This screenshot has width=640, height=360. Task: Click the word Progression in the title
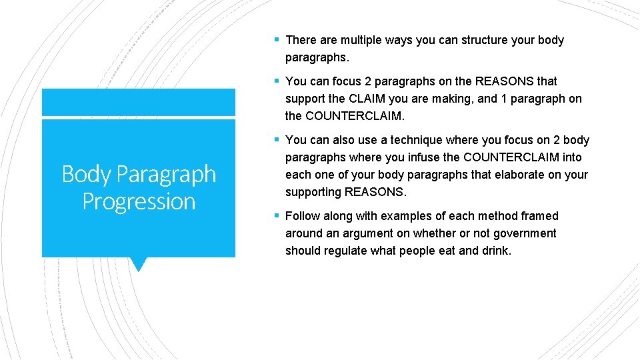pos(139,201)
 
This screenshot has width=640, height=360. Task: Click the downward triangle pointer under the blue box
pos(138,264)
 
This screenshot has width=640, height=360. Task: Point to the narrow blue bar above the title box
pos(139,102)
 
